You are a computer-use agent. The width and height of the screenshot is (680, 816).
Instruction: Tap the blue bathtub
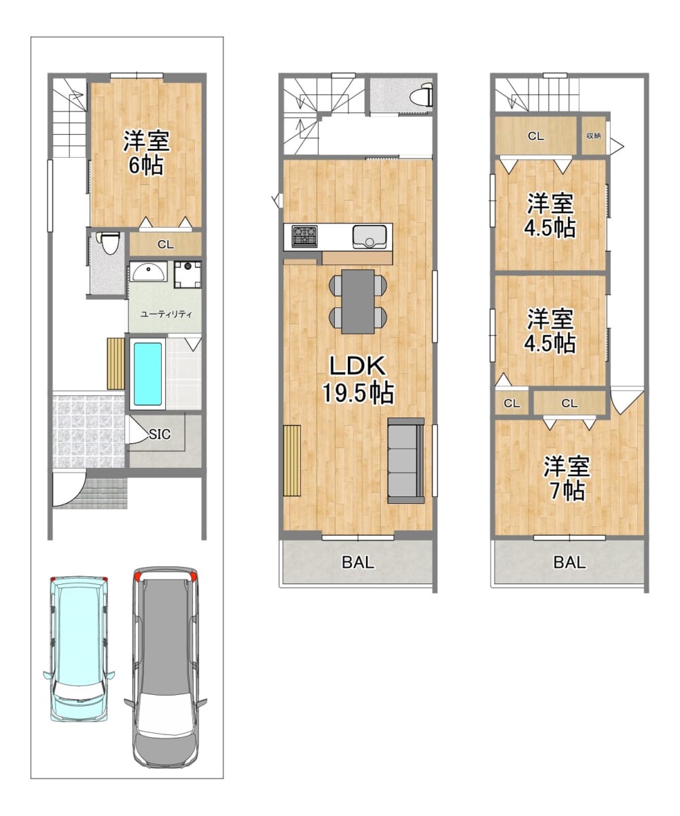[147, 373]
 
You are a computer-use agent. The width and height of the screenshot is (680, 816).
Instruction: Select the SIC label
[160, 434]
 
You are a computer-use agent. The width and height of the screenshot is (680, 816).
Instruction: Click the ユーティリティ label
[166, 313]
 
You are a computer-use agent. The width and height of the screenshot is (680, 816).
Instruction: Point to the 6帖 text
[146, 166]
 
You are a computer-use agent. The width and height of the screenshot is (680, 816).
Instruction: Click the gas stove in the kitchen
[305, 236]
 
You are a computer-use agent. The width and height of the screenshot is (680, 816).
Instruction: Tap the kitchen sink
[370, 237]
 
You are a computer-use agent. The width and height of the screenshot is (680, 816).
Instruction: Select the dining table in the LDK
[358, 301]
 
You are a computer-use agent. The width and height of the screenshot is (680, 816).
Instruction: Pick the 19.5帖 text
[357, 393]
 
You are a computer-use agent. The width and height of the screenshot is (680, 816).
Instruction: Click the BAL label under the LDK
[358, 562]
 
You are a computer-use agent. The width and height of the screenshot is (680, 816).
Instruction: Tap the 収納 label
[593, 135]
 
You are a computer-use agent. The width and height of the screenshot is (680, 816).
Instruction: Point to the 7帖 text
[567, 491]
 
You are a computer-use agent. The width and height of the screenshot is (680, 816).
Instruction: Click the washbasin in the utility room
[148, 271]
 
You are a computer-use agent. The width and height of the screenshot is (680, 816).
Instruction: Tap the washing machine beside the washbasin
[187, 274]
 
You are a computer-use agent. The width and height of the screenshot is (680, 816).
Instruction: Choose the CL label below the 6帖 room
[166, 245]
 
